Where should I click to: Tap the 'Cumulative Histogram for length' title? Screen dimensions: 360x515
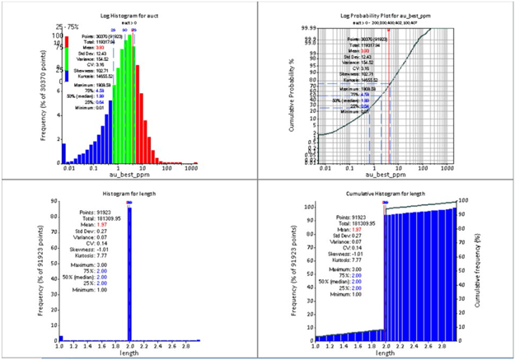(x=387, y=192)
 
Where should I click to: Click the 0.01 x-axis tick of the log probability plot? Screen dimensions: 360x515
(x=328, y=167)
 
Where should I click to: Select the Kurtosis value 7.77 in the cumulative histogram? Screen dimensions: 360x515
(x=355, y=258)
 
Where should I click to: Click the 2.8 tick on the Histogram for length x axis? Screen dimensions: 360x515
(x=188, y=347)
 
